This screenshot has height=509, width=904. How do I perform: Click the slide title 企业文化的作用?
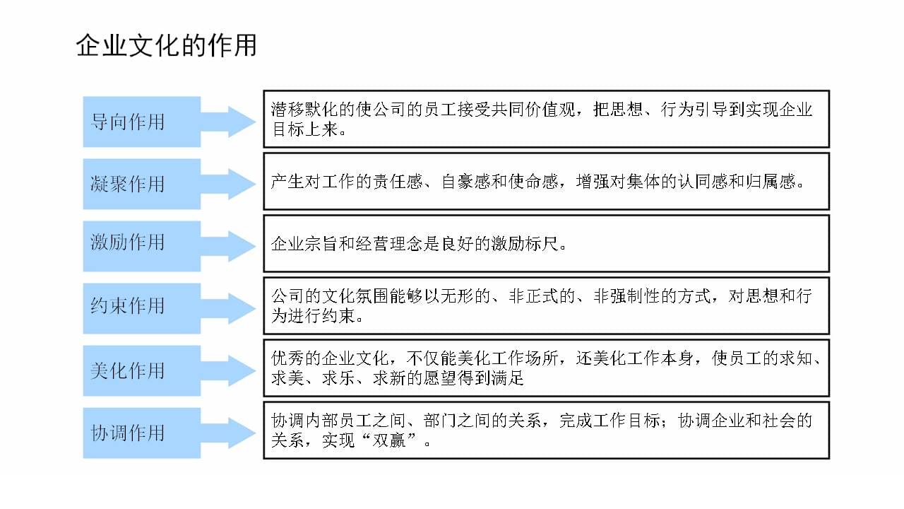[x=166, y=45]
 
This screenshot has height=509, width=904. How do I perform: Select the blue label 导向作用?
[x=128, y=122]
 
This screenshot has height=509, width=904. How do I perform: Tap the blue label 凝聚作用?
[x=128, y=184]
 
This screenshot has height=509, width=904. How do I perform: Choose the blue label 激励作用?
[x=128, y=242]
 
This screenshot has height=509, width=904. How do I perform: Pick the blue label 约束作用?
[x=128, y=305]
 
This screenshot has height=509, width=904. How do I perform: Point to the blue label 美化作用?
[x=128, y=370]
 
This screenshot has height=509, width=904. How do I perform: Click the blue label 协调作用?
[x=128, y=433]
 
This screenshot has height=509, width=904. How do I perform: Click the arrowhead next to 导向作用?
[x=242, y=122]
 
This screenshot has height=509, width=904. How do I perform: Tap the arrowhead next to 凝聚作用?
[x=242, y=184]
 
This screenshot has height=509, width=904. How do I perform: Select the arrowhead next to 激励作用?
[x=242, y=246]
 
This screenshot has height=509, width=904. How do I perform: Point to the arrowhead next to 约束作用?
[x=242, y=308]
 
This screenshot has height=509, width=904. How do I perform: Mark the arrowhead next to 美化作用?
[x=242, y=370]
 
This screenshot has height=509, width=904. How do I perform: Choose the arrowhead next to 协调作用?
[x=242, y=433]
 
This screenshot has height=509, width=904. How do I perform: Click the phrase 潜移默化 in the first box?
[x=304, y=109]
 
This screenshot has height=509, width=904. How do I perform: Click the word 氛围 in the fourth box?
[x=372, y=296]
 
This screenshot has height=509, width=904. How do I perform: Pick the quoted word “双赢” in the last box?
[x=389, y=440]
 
